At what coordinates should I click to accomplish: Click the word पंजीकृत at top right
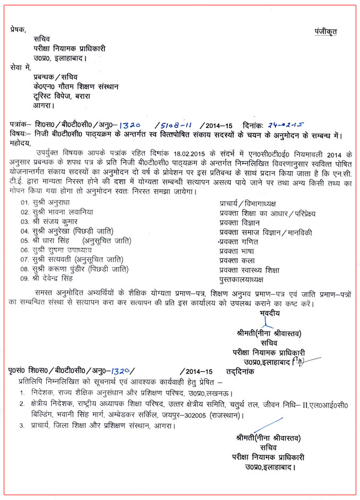pyautogui.click(x=325, y=31)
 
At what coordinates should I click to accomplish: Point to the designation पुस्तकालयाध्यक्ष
pyautogui.click(x=241, y=279)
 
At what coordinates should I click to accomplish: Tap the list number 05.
pyautogui.click(x=24, y=241)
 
